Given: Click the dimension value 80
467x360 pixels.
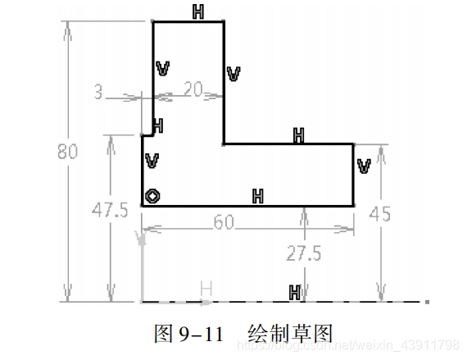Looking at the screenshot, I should coord(69,152).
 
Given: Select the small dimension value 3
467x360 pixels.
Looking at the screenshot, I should coord(98,93).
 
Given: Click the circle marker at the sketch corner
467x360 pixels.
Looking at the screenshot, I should coord(152,195).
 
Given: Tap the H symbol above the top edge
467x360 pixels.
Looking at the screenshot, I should coord(198,11).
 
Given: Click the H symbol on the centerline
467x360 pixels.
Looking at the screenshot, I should coord(294,291).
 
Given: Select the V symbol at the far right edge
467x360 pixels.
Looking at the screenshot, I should coord(365,166).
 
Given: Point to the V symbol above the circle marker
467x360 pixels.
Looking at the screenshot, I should coord(152,160).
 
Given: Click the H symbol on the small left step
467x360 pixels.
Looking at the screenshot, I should coord(157,125).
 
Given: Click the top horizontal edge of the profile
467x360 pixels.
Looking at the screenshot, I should coord(188,22).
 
